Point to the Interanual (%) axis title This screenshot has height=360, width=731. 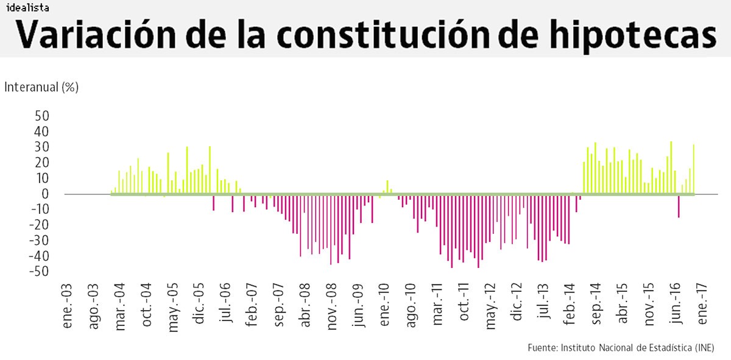tap(41, 87)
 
